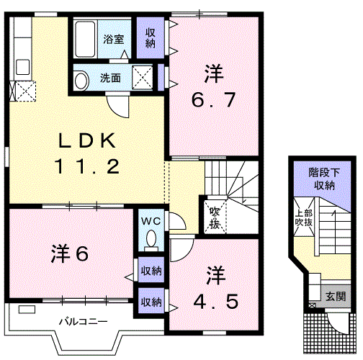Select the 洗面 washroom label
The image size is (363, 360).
coord(111,77)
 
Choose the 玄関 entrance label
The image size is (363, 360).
coord(335,296)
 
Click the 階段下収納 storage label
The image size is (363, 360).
coord(322,179)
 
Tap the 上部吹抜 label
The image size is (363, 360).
coord(303,219)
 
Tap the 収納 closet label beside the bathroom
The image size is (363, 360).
coord(150,38)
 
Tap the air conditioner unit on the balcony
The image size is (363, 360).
coord(27,310)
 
